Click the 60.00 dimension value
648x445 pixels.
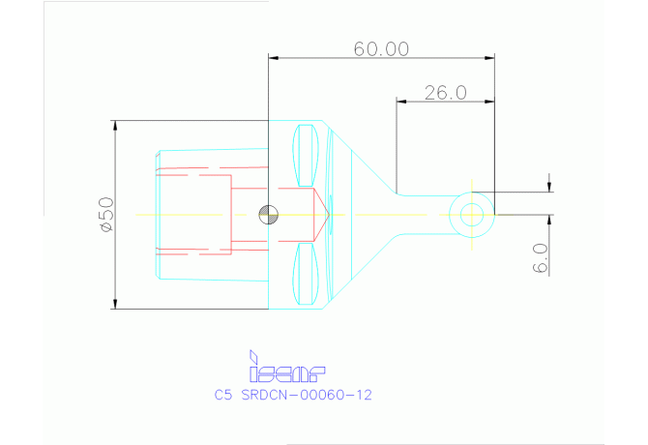381,48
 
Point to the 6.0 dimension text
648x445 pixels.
540,258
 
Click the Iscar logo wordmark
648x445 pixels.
287,371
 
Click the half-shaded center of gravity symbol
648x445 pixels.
268,214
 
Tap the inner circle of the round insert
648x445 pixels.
472,214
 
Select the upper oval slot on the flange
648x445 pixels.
306,155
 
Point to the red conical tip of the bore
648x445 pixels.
322,214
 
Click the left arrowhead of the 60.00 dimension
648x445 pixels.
274,57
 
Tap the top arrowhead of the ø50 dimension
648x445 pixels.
115,126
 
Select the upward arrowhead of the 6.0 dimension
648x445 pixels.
549,221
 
